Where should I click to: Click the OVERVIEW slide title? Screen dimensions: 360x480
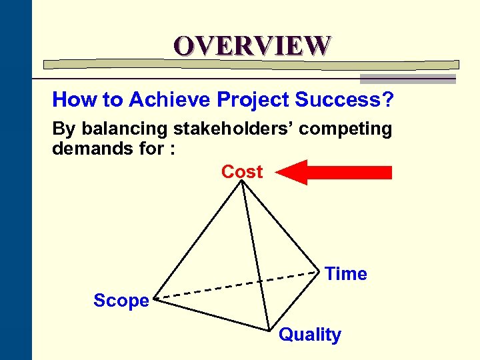point(252,45)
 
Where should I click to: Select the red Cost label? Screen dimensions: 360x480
point(242,172)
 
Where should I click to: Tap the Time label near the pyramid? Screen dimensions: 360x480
point(346,274)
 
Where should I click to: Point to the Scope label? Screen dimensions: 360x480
point(121,301)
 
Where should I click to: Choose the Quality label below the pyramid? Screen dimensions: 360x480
point(309,335)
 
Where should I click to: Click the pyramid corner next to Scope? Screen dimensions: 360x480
point(155,299)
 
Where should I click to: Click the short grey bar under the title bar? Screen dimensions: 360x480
point(407,79)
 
